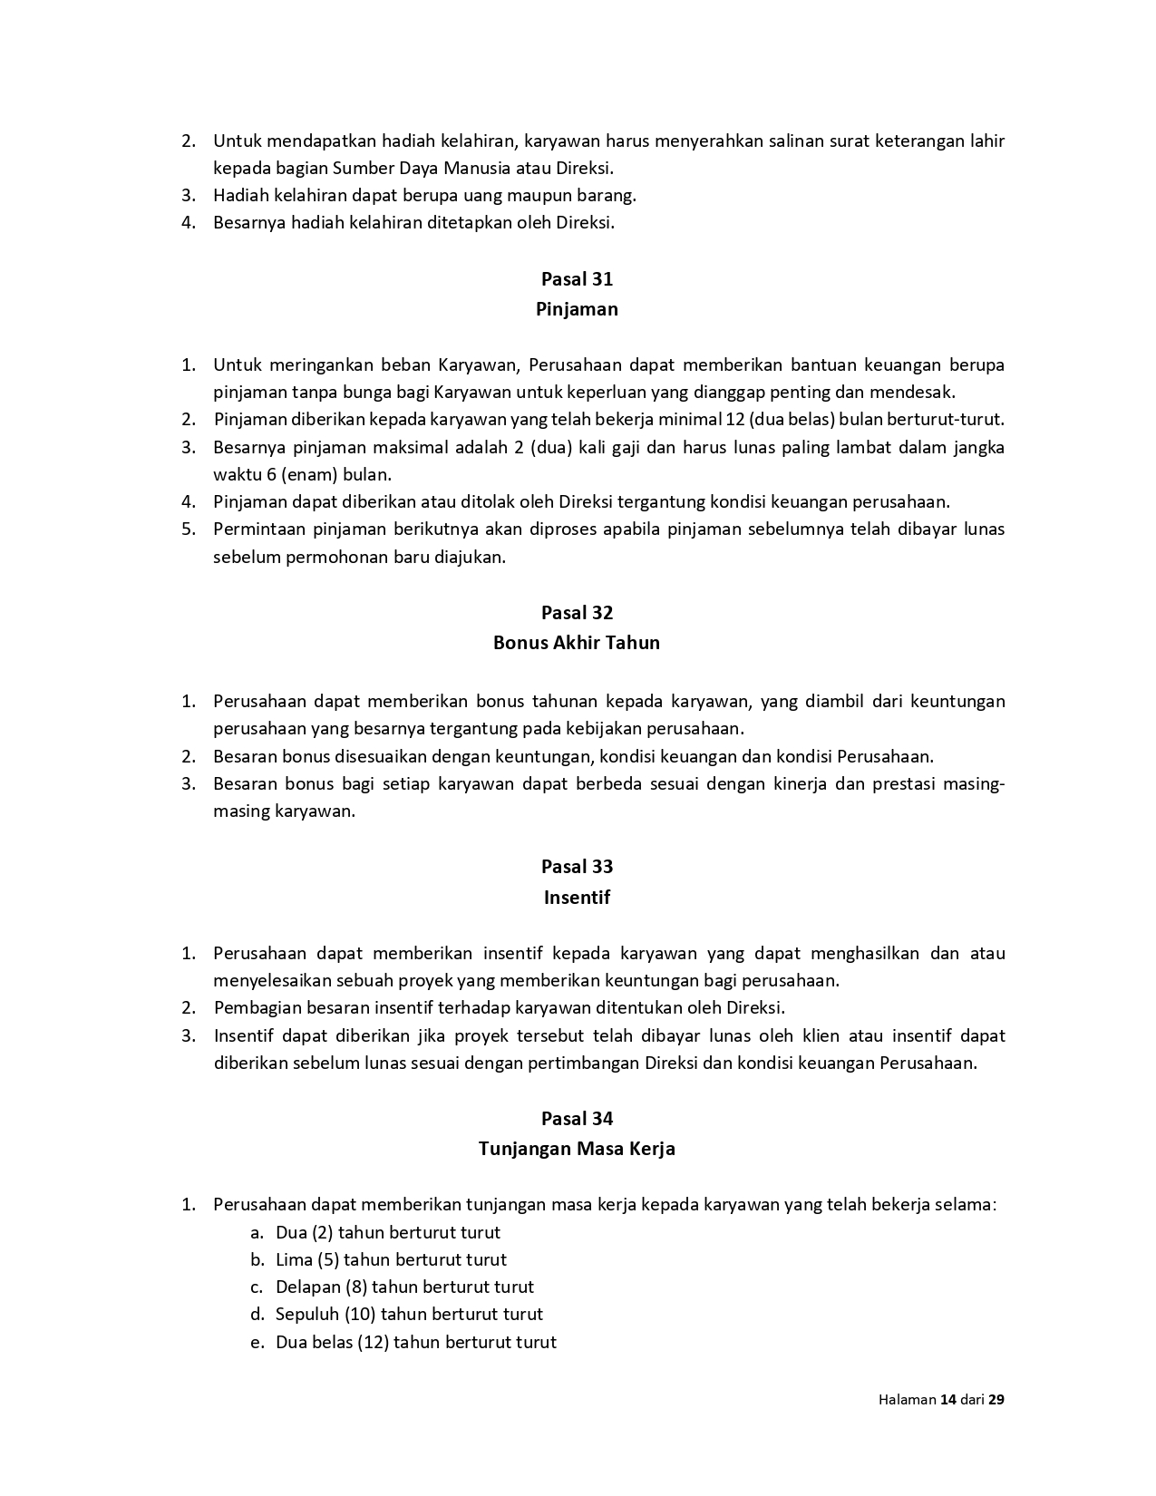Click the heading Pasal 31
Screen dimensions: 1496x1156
pos(577,278)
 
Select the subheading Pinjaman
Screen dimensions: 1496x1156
pos(577,309)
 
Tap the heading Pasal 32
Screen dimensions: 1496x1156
pos(577,612)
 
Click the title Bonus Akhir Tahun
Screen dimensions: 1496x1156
pos(577,643)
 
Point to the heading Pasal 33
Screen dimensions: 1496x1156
pos(577,867)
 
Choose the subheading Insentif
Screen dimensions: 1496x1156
pos(577,898)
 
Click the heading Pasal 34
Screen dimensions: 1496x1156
pos(577,1119)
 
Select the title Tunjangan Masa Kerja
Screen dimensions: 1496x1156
pos(577,1149)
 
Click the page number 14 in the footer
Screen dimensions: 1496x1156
pos(948,1399)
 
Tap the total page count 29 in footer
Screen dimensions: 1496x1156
pos(996,1399)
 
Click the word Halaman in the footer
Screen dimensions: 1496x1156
pos(907,1399)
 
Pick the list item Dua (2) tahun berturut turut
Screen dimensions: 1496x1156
pos(387,1232)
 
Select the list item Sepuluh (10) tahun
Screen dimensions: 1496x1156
pos(409,1314)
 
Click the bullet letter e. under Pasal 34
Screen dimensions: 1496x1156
pos(257,1342)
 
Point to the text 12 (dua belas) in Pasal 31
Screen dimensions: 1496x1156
pos(781,420)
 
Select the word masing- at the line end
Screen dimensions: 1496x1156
pos(976,783)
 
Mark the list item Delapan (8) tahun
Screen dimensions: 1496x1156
pos(404,1287)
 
